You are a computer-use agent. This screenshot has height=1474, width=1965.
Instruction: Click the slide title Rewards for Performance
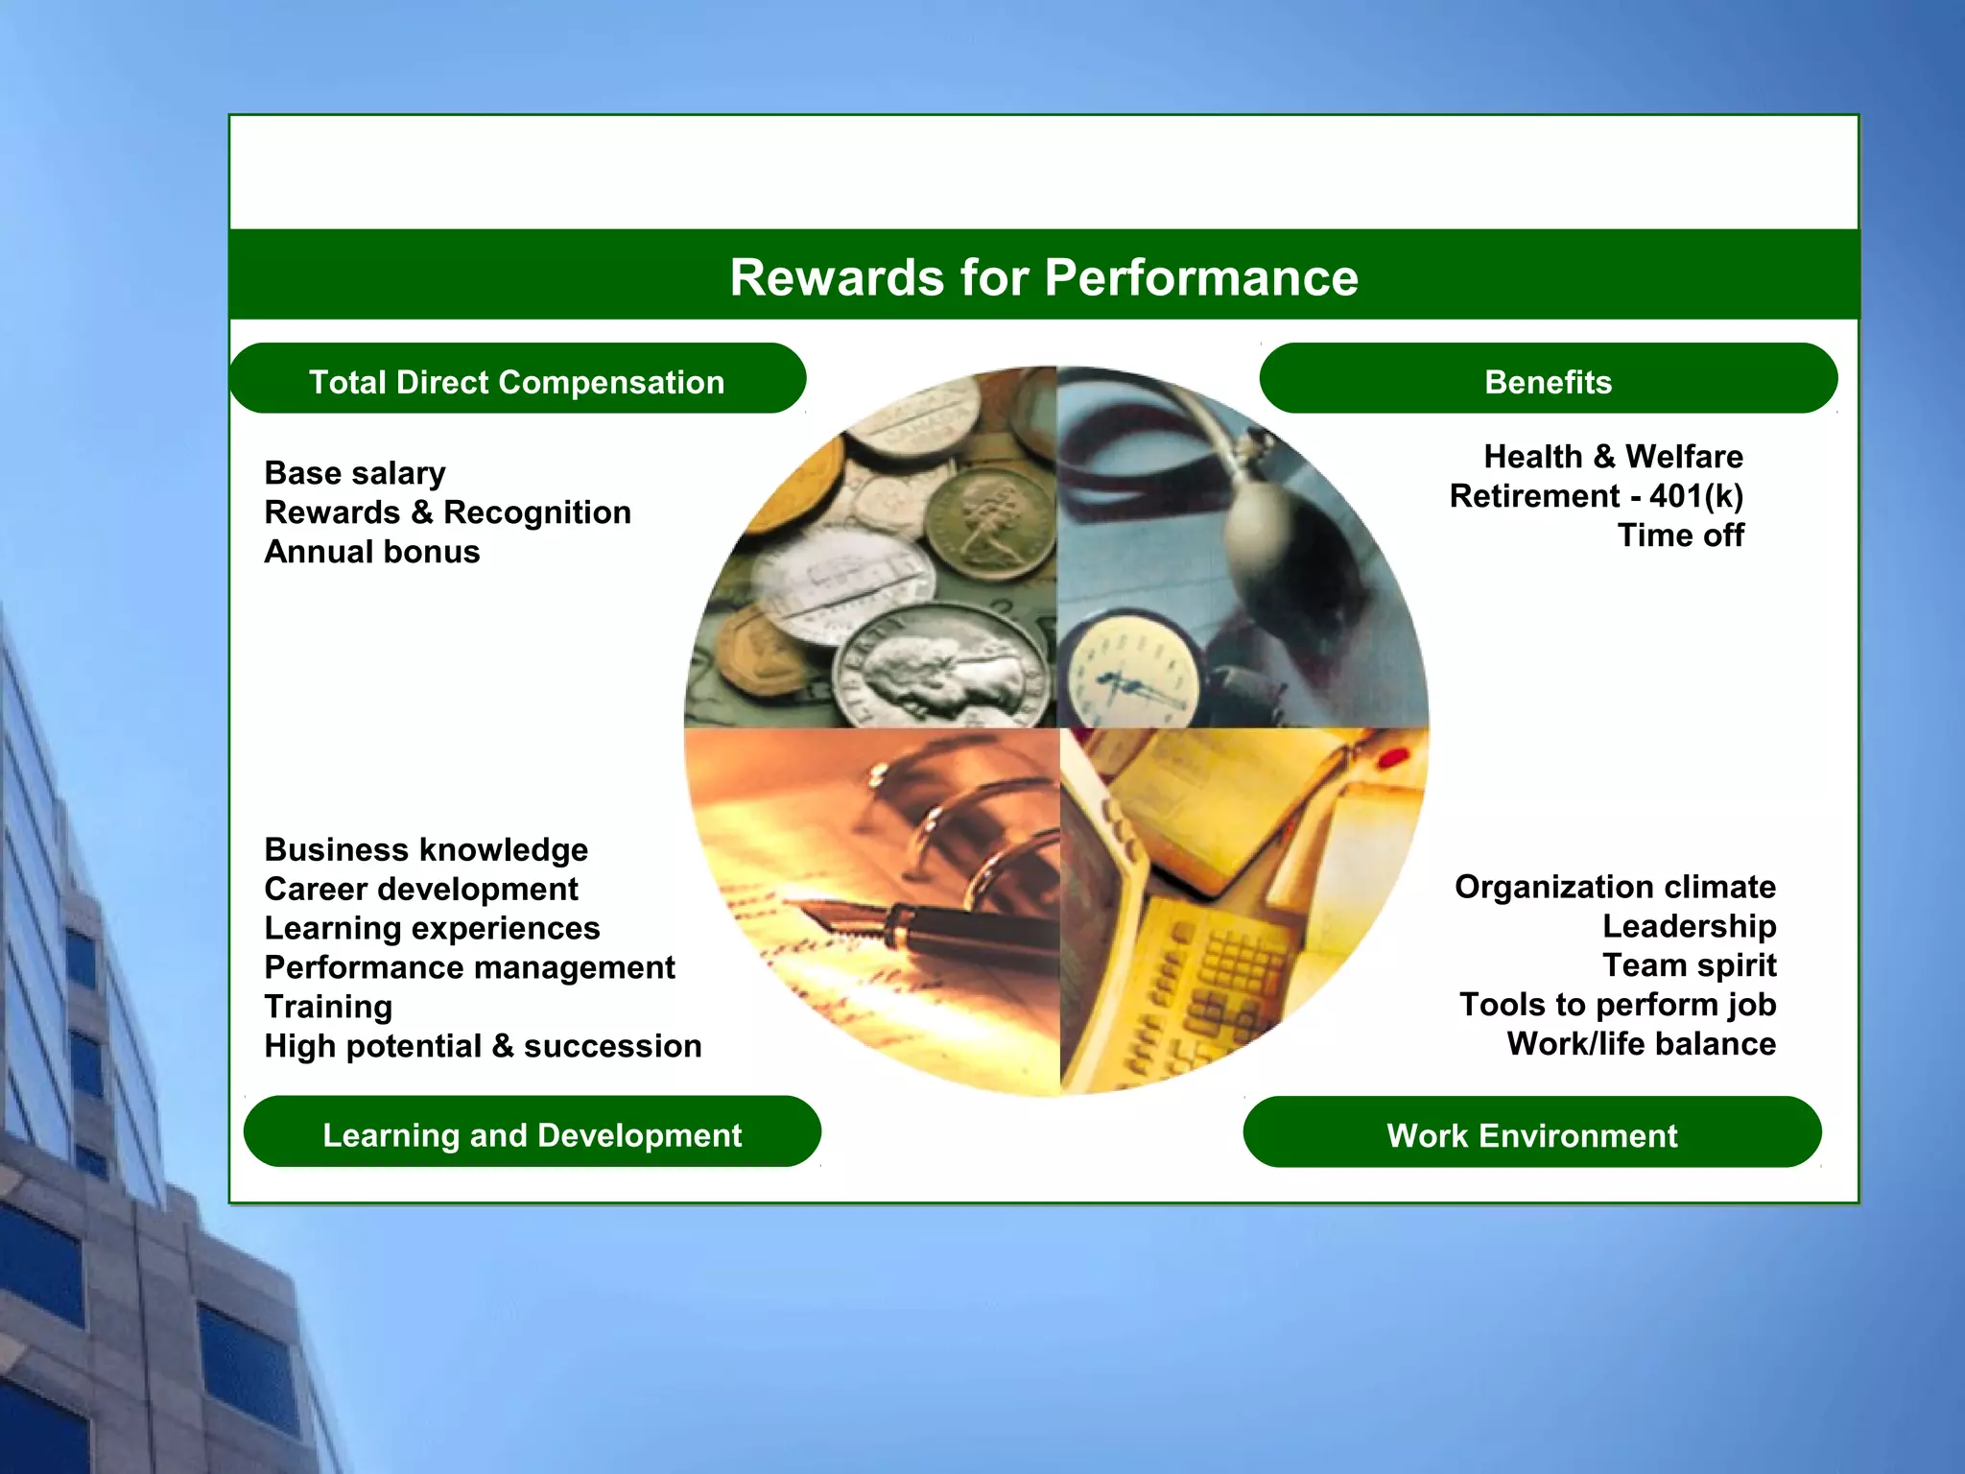point(1044,277)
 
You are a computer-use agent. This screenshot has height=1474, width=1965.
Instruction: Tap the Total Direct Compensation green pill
point(517,381)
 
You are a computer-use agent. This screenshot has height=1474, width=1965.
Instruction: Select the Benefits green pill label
point(1548,381)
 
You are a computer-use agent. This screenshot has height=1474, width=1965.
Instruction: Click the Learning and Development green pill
point(532,1134)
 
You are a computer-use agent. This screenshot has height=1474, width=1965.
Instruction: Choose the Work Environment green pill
point(1531,1135)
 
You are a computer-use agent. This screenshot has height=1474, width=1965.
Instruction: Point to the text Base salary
point(355,473)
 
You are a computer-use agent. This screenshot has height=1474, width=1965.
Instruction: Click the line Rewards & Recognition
point(447,512)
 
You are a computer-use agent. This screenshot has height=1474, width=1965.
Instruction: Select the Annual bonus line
point(372,552)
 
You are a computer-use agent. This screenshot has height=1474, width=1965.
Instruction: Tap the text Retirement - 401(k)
point(1596,496)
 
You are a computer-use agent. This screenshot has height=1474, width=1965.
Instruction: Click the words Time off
point(1680,535)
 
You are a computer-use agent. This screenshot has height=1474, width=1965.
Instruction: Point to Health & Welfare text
point(1613,457)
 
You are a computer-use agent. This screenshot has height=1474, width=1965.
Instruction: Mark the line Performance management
point(469,967)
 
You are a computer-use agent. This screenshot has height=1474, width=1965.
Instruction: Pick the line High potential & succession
point(483,1046)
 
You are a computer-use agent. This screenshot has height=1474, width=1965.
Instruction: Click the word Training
point(328,1007)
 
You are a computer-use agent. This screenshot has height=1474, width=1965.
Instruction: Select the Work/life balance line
point(1641,1044)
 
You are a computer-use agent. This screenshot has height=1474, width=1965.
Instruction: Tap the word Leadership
point(1689,926)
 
